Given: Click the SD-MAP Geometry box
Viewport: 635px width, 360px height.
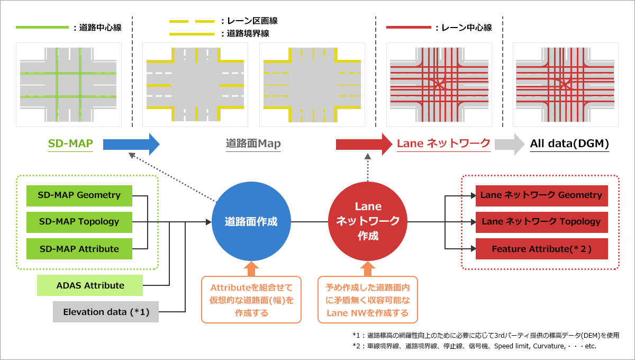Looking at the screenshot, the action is click(79, 195).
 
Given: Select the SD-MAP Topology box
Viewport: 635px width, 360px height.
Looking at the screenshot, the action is click(79, 222).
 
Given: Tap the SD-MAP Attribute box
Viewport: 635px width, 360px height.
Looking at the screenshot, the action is click(79, 249).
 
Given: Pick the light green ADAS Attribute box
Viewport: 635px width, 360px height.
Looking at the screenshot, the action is click(90, 285).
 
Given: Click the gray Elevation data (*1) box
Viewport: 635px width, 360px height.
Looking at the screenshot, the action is click(106, 312).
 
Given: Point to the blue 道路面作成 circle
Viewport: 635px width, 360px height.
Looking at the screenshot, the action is click(251, 221).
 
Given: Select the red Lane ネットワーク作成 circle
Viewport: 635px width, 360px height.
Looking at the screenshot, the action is click(368, 221).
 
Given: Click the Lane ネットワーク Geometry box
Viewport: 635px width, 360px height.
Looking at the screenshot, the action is click(542, 195).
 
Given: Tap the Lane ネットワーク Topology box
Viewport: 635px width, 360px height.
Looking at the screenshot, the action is click(542, 222).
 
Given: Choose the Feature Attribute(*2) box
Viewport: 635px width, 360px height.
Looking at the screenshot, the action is click(542, 249).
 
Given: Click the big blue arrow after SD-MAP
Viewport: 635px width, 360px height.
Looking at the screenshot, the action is click(131, 144).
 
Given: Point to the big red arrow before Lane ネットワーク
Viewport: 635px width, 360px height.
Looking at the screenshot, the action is click(364, 144).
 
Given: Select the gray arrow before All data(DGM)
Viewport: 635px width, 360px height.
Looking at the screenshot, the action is click(510, 144).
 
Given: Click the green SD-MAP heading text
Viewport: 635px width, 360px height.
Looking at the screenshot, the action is click(70, 143).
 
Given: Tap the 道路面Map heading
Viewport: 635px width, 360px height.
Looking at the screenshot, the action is click(253, 143).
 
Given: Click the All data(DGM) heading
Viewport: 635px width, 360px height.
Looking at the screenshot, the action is click(569, 143).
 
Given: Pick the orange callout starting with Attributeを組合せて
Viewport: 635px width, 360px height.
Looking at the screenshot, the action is click(251, 300).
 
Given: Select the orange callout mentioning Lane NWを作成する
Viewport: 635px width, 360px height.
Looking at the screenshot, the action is click(368, 300).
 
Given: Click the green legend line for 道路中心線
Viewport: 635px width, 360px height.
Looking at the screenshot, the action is click(42, 27).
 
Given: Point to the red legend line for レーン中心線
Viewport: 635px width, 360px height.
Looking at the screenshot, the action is click(409, 27).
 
